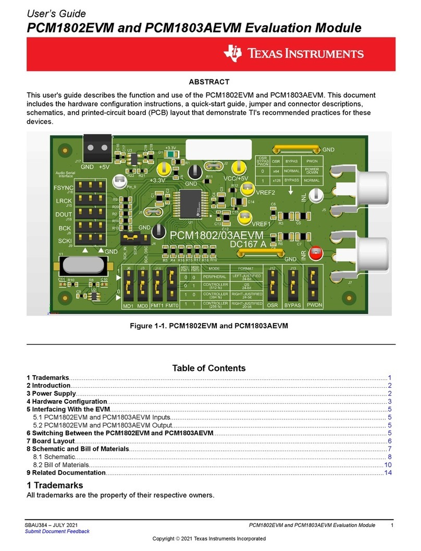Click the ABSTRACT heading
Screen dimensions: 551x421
tap(208, 82)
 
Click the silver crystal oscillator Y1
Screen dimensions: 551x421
tap(84, 266)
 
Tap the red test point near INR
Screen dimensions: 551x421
tap(315, 254)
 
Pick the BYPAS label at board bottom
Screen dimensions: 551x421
tap(293, 304)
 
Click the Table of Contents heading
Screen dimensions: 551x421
tap(208, 368)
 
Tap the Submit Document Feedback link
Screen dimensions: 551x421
tap(57, 531)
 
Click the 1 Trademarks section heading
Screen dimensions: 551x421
tap(55, 485)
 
